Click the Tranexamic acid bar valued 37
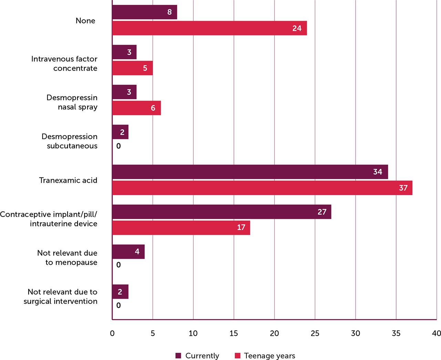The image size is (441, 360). (262, 188)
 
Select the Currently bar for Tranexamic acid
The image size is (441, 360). (250, 172)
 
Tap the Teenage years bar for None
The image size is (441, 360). (209, 28)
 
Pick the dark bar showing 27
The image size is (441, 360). (222, 212)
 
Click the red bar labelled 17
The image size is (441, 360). (181, 227)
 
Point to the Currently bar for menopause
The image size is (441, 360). (128, 252)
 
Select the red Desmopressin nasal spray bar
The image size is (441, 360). (136, 108)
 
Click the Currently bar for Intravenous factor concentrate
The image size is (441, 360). (124, 52)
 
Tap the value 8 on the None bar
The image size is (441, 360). (170, 12)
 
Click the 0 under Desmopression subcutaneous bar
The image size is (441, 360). (119, 146)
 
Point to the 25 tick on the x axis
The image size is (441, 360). (315, 333)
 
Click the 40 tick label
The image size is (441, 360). (436, 333)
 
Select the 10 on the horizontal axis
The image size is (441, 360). (193, 333)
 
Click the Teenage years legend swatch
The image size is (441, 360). (237, 356)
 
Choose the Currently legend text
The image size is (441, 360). (202, 356)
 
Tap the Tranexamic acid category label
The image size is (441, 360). (68, 180)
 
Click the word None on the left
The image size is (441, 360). (85, 21)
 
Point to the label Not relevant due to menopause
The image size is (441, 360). (67, 257)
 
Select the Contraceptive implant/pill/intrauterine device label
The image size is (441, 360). (49, 219)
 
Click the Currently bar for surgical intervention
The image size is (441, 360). (120, 292)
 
